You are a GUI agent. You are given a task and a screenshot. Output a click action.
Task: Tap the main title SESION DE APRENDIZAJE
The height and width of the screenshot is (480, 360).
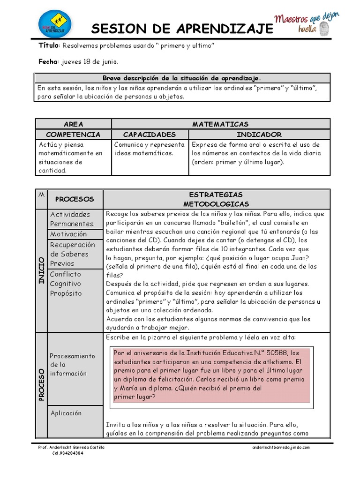tap(182, 29)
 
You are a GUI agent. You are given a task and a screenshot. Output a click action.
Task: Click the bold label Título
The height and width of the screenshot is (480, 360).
tap(48, 46)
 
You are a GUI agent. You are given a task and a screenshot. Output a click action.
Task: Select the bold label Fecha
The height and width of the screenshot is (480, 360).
tap(47, 62)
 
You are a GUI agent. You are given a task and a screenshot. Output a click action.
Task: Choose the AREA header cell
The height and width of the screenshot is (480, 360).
tap(74, 124)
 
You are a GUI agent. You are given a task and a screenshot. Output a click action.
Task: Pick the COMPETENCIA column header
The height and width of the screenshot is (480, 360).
tap(74, 135)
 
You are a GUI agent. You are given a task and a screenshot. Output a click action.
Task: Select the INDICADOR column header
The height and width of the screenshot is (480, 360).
tap(259, 135)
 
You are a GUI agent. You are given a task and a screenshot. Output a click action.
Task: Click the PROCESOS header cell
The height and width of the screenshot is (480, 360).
tap(75, 199)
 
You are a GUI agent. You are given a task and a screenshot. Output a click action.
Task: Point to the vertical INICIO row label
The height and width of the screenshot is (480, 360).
tap(41, 270)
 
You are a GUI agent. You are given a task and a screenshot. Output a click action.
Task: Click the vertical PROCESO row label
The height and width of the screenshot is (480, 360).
tap(41, 384)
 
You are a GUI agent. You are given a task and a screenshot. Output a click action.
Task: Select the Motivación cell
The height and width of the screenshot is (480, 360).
tap(68, 234)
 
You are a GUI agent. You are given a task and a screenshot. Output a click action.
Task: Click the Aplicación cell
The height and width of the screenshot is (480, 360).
tap(66, 413)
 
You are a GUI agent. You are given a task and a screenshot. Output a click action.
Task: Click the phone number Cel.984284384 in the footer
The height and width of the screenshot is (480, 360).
tap(67, 453)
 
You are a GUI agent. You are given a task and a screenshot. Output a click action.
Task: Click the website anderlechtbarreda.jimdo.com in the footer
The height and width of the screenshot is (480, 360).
tap(281, 448)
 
